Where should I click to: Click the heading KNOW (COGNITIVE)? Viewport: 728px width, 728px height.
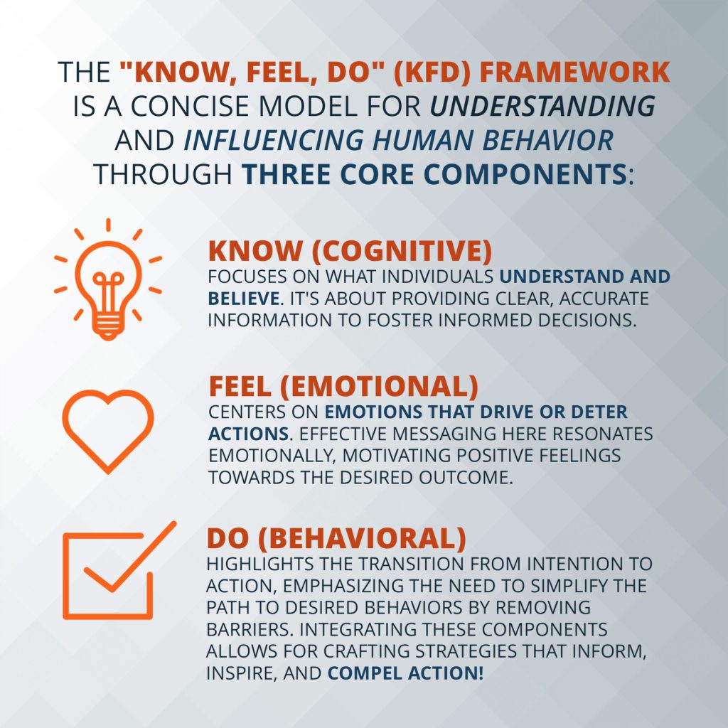pyautogui.click(x=350, y=251)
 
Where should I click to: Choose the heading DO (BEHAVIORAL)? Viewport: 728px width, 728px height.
pyautogui.click(x=336, y=539)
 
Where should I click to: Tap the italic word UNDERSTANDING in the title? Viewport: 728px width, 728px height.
pyautogui.click(x=542, y=106)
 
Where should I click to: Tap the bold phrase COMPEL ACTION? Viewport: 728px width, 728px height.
pyautogui.click(x=405, y=673)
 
